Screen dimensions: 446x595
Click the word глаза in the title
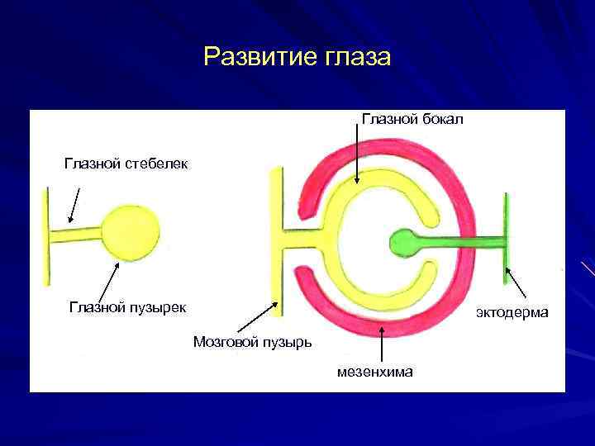[352, 57]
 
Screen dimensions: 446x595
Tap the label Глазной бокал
[412, 120]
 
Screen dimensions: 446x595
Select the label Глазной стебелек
[126, 164]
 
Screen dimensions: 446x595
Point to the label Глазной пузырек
[127, 308]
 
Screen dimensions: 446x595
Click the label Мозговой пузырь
[252, 341]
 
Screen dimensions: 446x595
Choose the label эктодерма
[512, 313]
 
